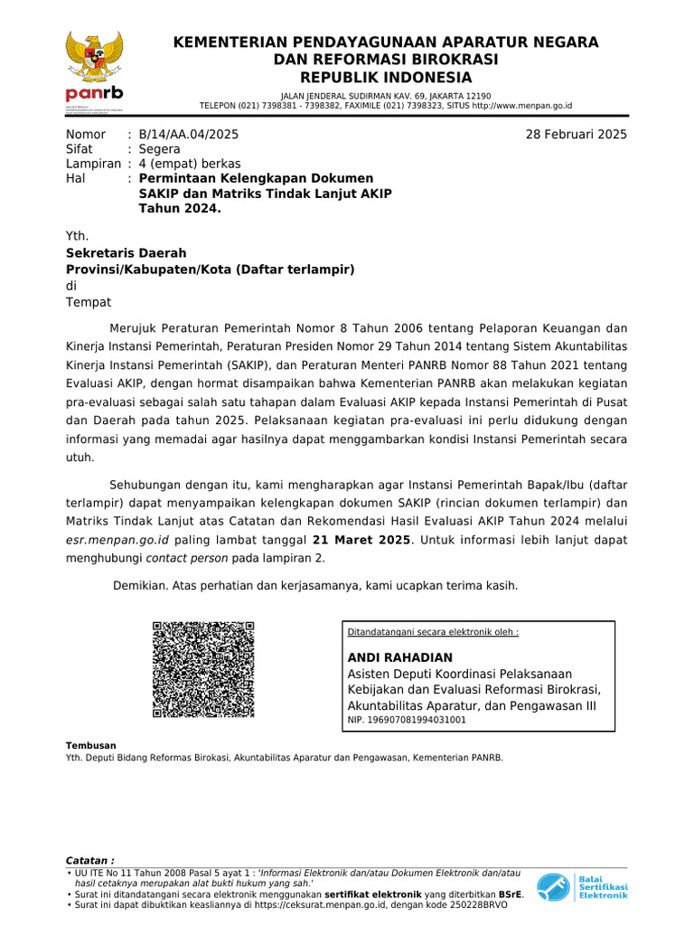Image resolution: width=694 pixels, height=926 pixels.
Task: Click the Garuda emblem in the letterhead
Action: (x=94, y=60)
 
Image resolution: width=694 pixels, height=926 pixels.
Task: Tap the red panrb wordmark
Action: (x=94, y=95)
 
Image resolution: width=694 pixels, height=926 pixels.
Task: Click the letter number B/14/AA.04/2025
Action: (x=189, y=135)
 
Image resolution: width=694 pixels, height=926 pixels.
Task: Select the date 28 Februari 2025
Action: (x=576, y=135)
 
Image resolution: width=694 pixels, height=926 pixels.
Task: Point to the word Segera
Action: (x=159, y=149)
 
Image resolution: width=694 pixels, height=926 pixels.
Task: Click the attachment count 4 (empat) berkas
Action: (x=190, y=164)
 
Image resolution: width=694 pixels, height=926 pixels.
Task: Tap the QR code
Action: (x=203, y=670)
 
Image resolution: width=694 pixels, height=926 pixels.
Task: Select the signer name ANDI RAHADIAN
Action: (x=400, y=657)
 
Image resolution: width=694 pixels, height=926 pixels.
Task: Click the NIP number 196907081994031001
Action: (x=407, y=721)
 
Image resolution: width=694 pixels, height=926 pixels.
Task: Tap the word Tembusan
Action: (x=91, y=745)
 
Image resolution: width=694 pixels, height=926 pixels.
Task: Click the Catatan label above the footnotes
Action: (x=90, y=860)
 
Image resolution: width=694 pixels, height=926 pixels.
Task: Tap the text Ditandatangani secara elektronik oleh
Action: (x=434, y=632)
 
